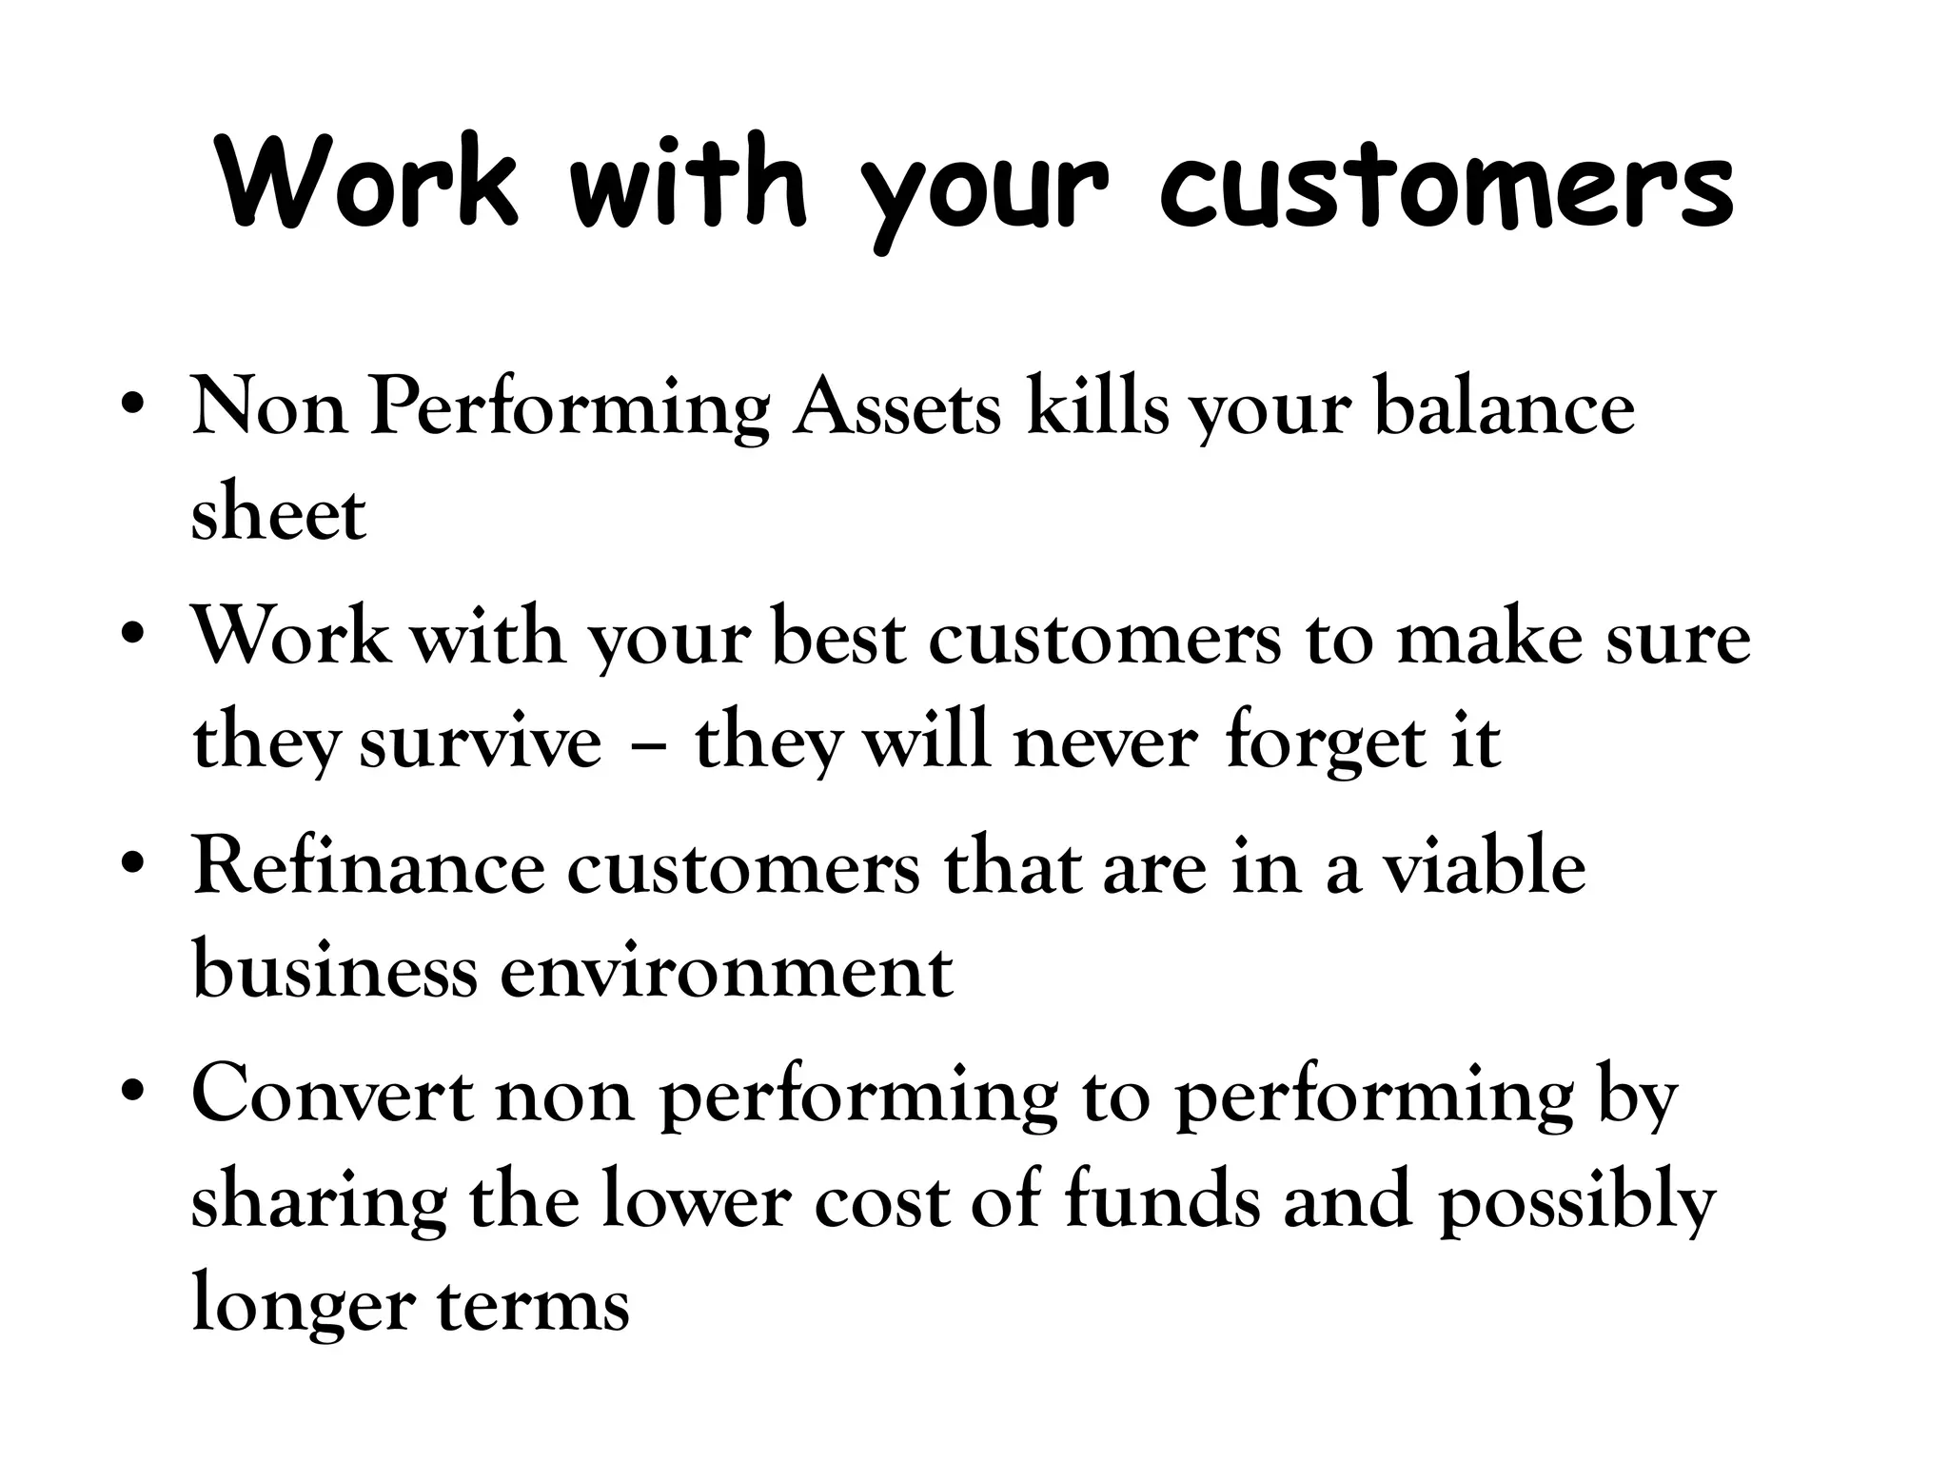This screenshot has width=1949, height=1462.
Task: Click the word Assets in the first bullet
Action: [x=897, y=408]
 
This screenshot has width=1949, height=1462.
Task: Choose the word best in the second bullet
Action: [x=838, y=637]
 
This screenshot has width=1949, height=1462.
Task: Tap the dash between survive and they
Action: [x=648, y=743]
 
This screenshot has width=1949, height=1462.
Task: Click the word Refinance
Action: [x=368, y=867]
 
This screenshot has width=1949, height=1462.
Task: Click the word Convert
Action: [x=332, y=1096]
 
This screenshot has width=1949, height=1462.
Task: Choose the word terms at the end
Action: [x=533, y=1303]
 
